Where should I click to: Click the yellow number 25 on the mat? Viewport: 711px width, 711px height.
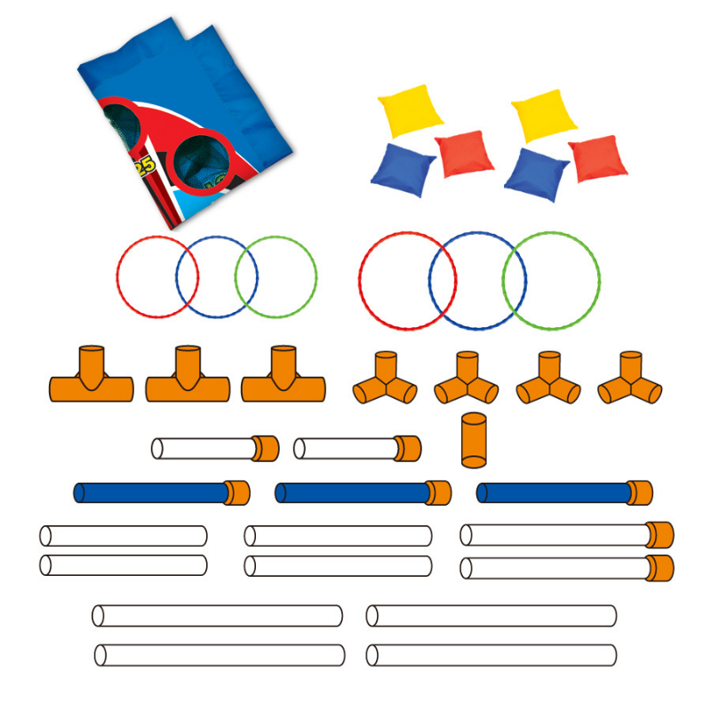click(x=143, y=165)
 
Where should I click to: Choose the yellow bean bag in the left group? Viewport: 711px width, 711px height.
click(x=410, y=110)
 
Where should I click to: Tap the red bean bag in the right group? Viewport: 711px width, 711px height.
click(x=597, y=158)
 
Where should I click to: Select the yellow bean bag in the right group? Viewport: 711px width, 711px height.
click(x=544, y=115)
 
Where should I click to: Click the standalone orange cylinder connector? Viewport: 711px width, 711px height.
click(x=474, y=439)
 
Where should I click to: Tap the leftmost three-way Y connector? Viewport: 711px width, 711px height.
click(x=385, y=381)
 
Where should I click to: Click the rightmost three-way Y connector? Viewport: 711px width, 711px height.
click(x=630, y=381)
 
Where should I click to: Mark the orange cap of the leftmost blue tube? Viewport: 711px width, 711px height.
click(x=236, y=492)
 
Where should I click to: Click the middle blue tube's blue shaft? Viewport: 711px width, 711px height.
click(x=351, y=492)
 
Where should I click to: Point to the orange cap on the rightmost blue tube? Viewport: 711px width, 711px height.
click(x=639, y=492)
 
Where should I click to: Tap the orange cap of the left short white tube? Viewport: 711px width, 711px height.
click(x=265, y=449)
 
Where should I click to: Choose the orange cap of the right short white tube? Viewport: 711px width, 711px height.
click(x=407, y=449)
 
